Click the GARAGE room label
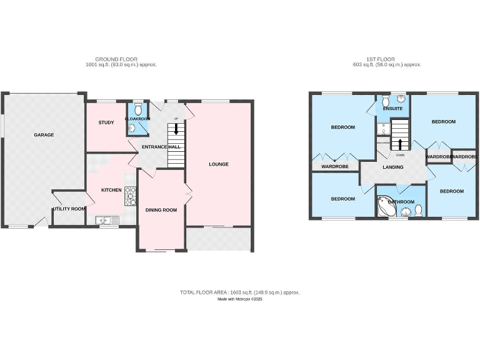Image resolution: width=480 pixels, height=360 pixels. pos(44,135)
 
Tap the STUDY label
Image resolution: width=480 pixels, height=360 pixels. pos(106,122)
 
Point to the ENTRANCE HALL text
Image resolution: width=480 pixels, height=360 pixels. pos(161,147)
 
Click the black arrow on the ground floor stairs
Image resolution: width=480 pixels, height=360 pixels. pos(176,129)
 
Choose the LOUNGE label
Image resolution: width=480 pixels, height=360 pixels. pos(219,164)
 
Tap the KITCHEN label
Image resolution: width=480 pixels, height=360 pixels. pos(112,190)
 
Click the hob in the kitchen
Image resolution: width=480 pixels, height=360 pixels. pos(131,196)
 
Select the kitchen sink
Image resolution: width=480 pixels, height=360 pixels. pos(103,219)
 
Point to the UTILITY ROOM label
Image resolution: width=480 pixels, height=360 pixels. pos(69,209)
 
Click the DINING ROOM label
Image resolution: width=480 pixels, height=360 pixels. pos(161,210)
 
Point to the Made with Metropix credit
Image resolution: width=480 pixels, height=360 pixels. pos(240,299)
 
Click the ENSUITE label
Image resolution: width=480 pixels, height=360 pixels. pos(392,108)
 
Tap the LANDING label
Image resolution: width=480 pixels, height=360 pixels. pos(393,167)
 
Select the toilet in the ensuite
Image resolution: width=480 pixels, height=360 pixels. pos(386,100)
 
